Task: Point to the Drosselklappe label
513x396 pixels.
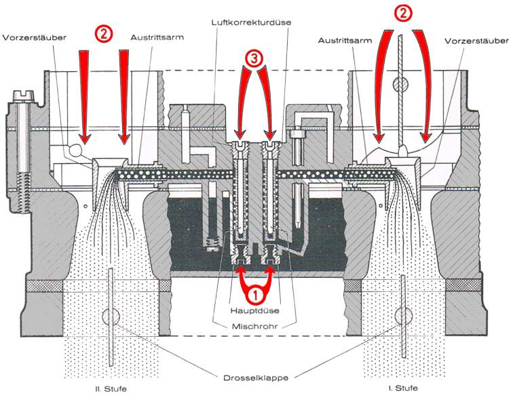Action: [x=255, y=377]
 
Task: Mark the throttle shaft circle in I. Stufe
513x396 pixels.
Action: [x=401, y=317]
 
